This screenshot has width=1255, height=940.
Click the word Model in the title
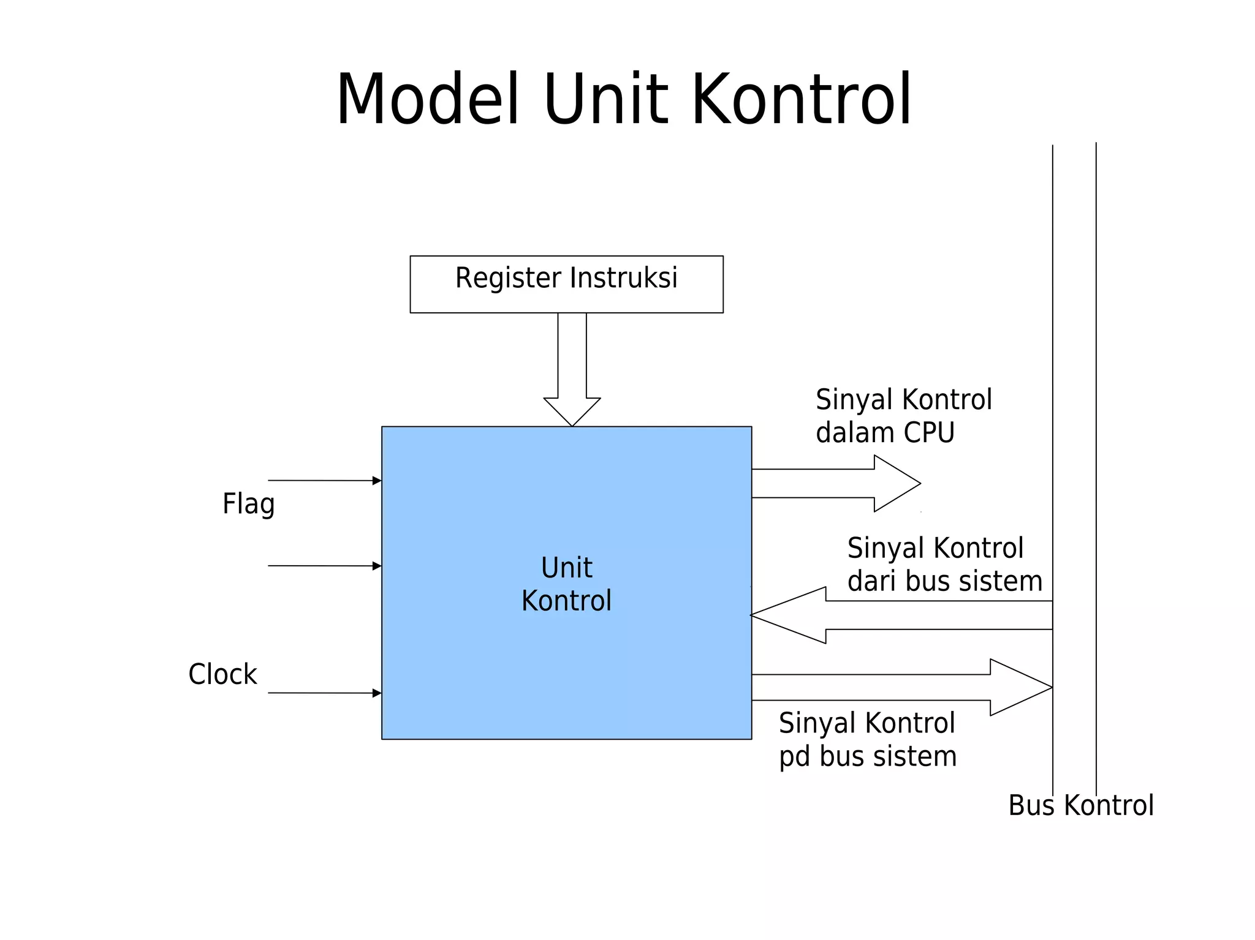pos(428,100)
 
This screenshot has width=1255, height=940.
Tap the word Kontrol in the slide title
pos(802,100)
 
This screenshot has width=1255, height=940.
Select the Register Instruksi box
pos(566,284)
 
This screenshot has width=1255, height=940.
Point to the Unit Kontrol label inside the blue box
pos(566,584)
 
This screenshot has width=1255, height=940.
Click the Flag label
pos(248,505)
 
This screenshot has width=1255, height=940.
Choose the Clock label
pos(222,674)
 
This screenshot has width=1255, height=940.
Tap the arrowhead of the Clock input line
pos(377,693)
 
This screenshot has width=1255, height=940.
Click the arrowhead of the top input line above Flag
pos(377,481)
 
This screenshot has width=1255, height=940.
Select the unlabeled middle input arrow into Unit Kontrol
pos(325,566)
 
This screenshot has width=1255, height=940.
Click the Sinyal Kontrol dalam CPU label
pos(903,416)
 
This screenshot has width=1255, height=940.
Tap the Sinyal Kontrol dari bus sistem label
pos(944,565)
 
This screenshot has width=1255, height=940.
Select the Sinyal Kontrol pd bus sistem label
pos(868,740)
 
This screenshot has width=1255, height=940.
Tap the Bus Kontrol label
pos(1081,805)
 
